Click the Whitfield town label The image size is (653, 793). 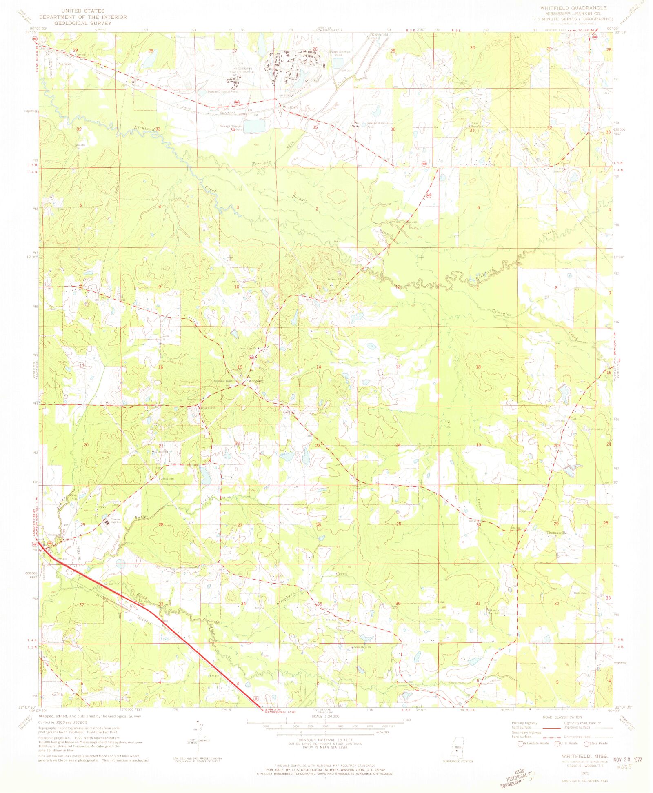tap(291, 107)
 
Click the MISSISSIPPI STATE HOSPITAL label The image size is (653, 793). tap(244, 70)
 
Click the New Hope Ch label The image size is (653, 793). tap(248, 348)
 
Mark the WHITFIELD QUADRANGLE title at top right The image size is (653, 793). tap(573, 8)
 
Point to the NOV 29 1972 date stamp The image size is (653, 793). tap(628, 760)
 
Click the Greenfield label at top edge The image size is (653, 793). tap(379, 35)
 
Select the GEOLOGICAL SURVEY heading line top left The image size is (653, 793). tap(83, 23)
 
